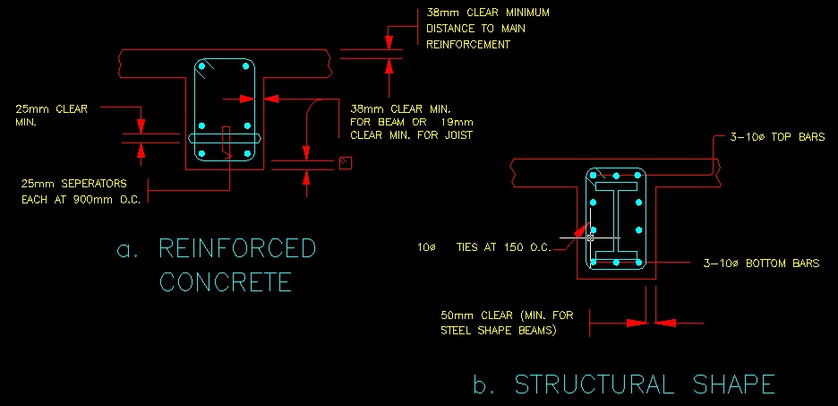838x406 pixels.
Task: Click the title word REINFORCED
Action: (x=237, y=248)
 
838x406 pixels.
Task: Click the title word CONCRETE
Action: (x=226, y=281)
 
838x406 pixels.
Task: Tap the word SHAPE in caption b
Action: (x=731, y=384)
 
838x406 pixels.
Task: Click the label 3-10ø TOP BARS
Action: (x=769, y=137)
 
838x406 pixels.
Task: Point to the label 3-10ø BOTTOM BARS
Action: (x=762, y=263)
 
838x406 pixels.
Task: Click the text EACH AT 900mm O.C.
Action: (x=81, y=199)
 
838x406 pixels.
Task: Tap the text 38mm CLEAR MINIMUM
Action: (x=487, y=13)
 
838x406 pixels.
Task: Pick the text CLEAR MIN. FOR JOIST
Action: (x=411, y=135)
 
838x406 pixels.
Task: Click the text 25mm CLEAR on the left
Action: (x=52, y=109)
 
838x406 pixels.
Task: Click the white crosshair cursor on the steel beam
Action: (x=590, y=238)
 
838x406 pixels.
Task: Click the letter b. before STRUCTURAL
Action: (x=484, y=385)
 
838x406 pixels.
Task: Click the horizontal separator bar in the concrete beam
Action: (x=225, y=138)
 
